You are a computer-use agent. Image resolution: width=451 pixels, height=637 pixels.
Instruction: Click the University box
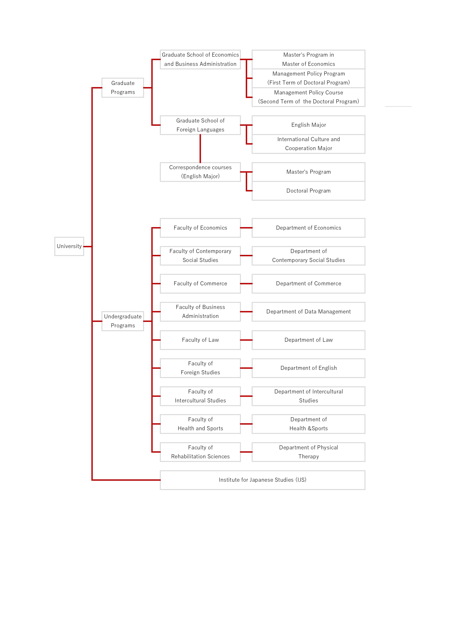69,246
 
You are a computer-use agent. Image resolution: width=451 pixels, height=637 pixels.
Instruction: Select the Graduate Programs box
123,88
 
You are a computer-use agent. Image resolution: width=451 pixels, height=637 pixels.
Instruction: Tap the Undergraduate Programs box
123,321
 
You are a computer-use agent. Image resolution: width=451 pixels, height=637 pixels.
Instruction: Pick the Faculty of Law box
200,340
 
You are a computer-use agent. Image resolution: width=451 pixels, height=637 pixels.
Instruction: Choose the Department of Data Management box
308,312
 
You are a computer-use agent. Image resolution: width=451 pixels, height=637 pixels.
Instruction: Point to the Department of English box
308,368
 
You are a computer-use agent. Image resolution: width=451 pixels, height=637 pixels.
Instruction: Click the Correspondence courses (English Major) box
200,172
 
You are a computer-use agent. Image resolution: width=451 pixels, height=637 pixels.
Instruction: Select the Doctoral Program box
308,191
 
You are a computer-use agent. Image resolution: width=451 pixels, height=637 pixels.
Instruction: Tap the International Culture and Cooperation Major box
308,144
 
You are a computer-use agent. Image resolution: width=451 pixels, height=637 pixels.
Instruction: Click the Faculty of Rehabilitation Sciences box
200,452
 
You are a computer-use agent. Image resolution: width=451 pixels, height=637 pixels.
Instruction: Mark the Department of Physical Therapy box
308,452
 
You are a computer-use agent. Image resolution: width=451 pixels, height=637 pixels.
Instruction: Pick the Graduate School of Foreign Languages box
200,125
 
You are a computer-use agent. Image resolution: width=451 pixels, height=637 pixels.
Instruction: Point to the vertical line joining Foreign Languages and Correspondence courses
200,149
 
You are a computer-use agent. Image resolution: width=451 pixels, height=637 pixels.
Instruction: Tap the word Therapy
309,457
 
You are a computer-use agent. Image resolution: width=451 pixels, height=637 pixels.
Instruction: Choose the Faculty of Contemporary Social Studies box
200,256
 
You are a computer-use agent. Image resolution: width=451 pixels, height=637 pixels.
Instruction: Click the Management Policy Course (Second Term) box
308,97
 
